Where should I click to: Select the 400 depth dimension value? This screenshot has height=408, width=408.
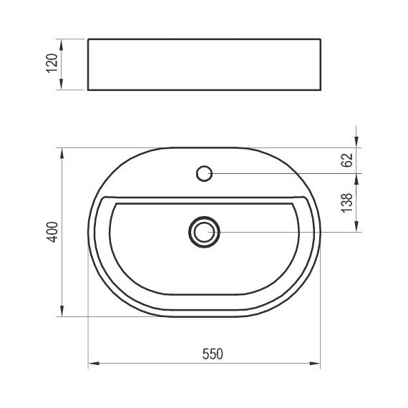[51, 233]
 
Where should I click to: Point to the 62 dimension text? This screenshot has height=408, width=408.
[348, 160]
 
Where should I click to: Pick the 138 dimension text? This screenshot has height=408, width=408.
[348, 203]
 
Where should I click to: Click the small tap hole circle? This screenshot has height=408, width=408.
[204, 173]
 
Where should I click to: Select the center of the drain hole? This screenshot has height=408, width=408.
[204, 232]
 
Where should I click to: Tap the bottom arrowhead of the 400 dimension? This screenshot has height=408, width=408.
[62, 313]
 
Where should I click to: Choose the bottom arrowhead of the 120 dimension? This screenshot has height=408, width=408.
[62, 87]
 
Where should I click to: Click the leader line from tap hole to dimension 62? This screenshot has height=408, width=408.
[286, 173]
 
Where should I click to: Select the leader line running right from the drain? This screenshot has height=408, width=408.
[286, 232]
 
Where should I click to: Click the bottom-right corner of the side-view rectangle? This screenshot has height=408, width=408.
[319, 91]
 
